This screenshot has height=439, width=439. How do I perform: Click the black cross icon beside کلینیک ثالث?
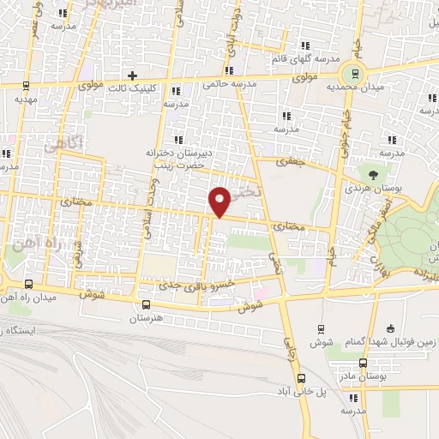click(132, 75)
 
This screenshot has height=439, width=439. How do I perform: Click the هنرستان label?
click(146, 318)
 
